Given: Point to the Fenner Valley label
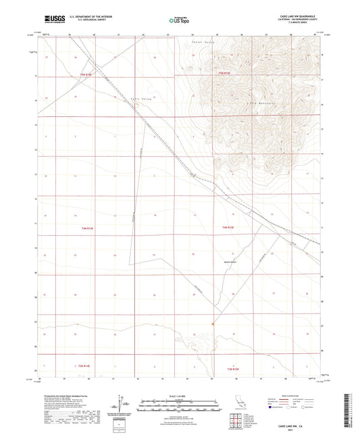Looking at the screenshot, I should click(202, 43).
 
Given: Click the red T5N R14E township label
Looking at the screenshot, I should click(85, 74).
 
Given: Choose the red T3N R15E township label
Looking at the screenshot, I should click(233, 369).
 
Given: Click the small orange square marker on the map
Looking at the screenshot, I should click(213, 324).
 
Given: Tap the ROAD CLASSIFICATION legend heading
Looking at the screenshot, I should click(298, 397).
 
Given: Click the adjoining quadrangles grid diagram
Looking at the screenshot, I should click(236, 422).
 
